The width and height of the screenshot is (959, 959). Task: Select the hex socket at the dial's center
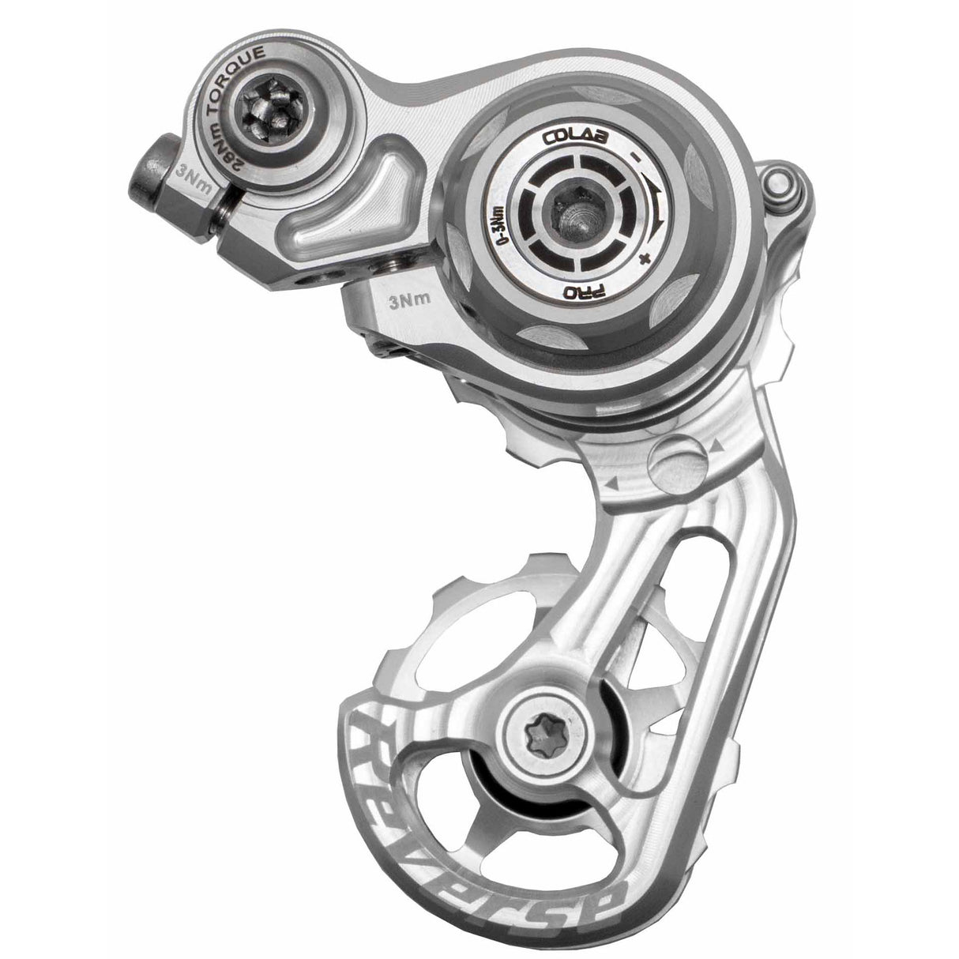pyautogui.click(x=575, y=214)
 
